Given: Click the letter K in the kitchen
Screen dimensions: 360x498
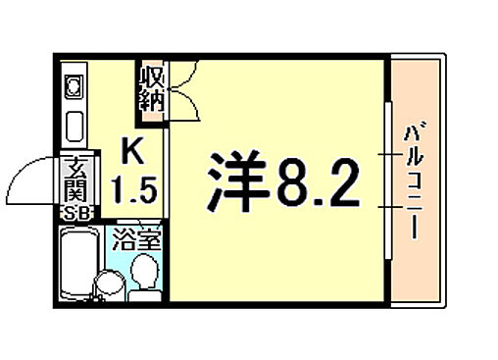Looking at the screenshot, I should click(x=130, y=152).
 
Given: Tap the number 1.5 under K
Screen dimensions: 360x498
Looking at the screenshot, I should click(x=132, y=188).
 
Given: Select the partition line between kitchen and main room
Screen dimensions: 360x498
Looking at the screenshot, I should click(x=170, y=196).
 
